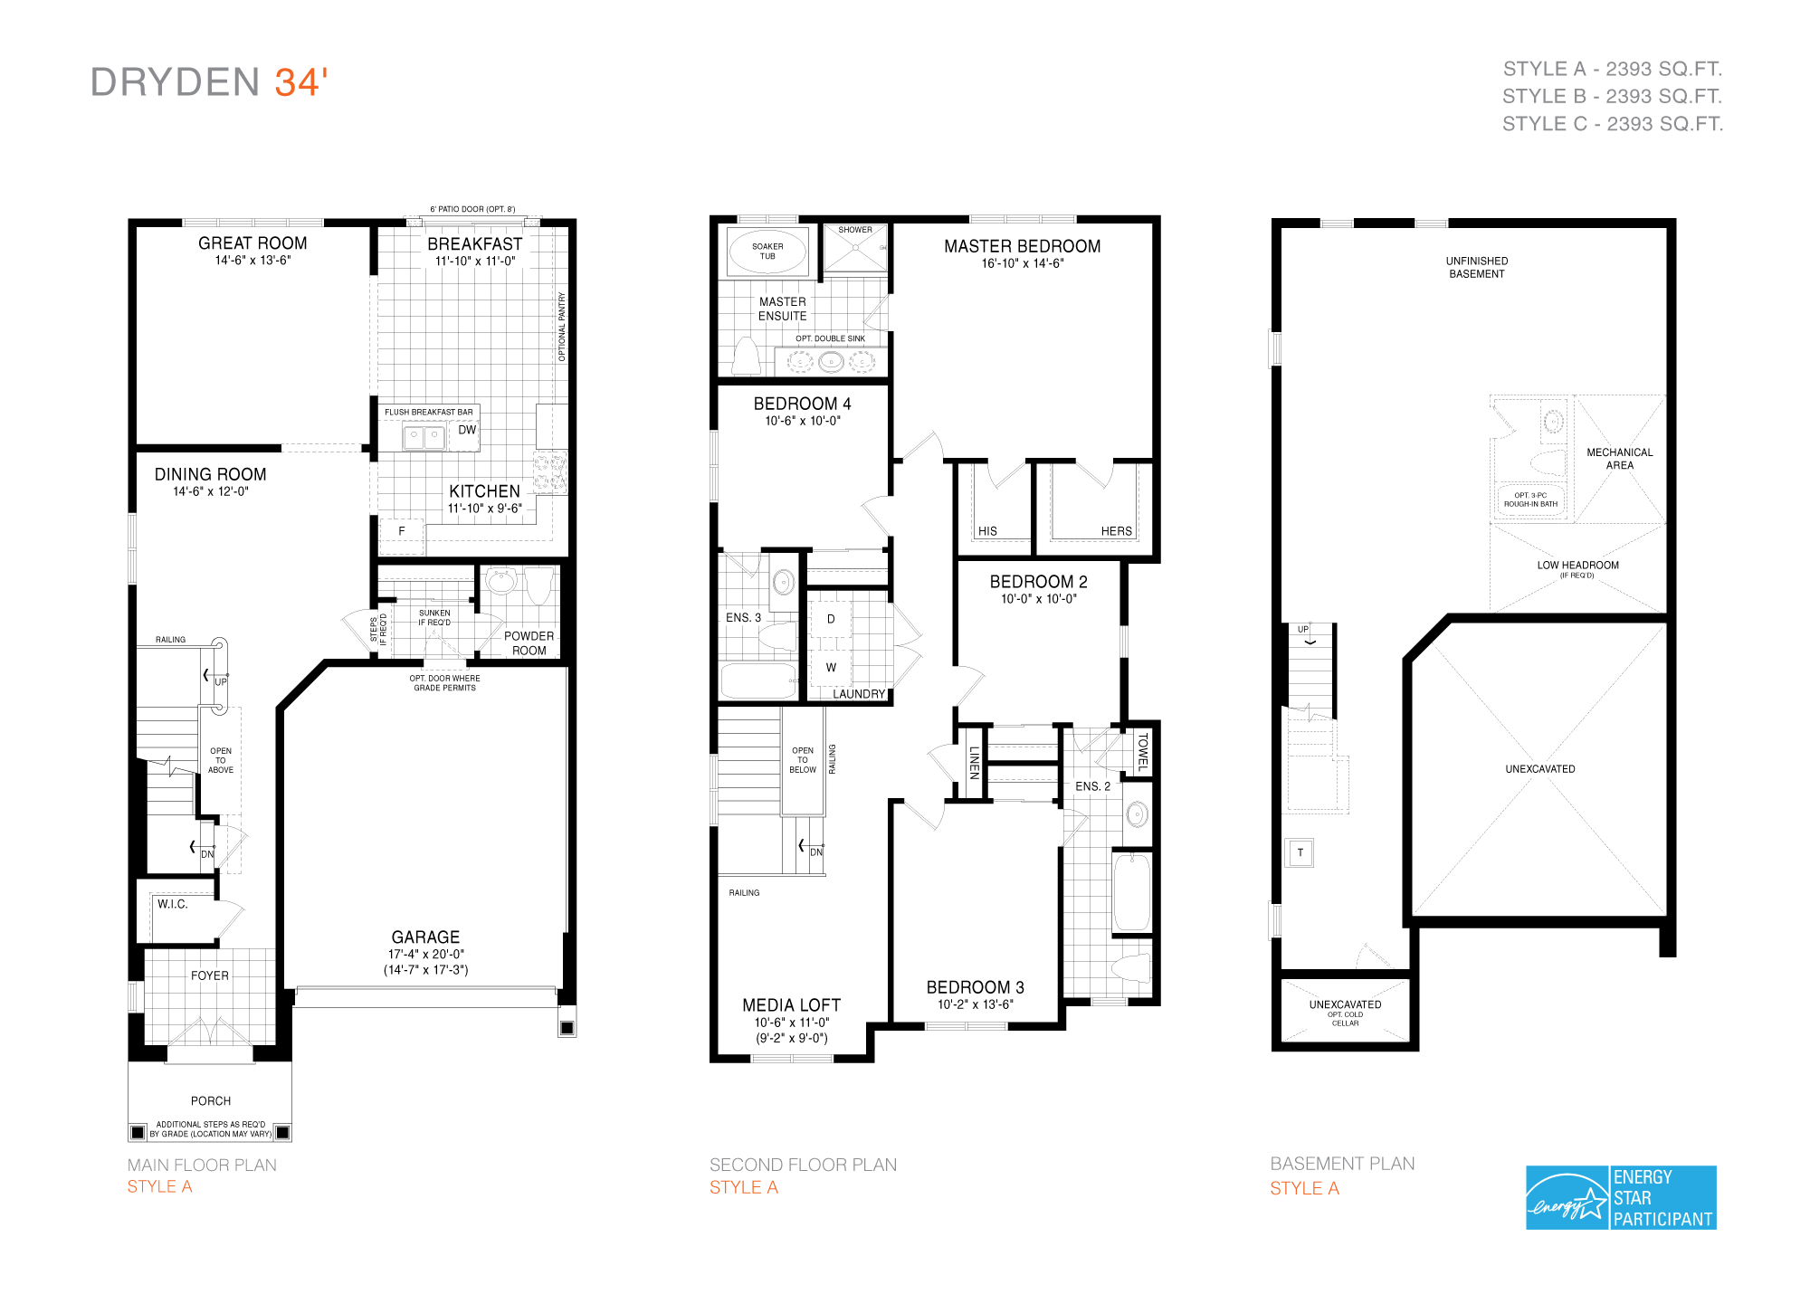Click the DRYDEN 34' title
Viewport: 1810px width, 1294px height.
(209, 82)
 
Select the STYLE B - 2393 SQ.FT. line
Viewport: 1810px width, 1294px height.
(1612, 96)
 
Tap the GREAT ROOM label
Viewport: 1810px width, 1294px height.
(252, 243)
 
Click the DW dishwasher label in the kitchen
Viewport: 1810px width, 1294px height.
(467, 430)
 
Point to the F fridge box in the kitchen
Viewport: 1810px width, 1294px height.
(402, 531)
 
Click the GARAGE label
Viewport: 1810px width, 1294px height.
(425, 937)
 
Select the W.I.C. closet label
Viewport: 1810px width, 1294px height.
(172, 904)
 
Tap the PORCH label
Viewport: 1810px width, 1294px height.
(211, 1100)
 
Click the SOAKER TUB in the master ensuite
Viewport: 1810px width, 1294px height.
(767, 251)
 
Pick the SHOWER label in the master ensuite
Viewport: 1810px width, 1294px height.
(855, 230)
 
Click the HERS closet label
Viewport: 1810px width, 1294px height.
(1116, 531)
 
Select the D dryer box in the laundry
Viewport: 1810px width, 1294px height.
(831, 619)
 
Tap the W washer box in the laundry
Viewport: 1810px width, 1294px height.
(831, 668)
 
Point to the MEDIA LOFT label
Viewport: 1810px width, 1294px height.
(791, 1005)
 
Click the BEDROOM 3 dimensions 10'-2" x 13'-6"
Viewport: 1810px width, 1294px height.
(975, 1004)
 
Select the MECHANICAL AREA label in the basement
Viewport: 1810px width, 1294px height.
(1619, 459)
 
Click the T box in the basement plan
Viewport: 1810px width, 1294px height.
(1300, 852)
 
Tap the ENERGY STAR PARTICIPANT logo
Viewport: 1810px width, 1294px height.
(1620, 1197)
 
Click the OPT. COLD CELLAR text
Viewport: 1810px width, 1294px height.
(1345, 1019)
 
